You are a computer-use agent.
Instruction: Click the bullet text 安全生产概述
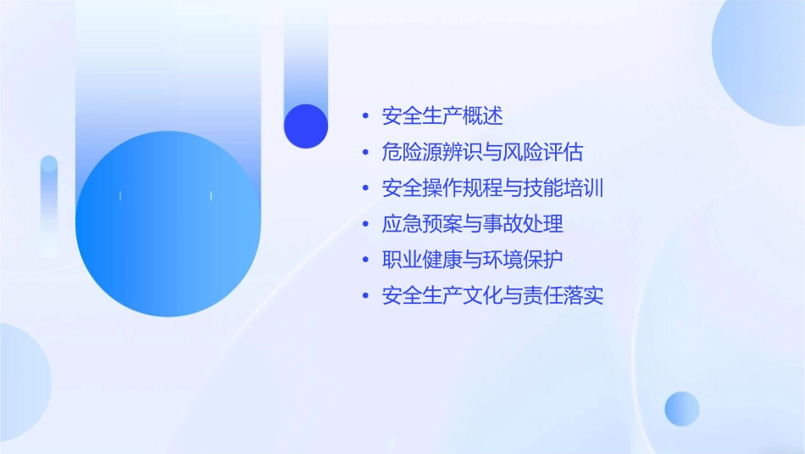[x=442, y=116]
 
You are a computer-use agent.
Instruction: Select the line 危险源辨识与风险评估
[x=482, y=153]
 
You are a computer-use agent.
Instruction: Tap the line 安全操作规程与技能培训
[x=492, y=188]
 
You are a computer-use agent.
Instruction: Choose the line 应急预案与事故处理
[x=472, y=224]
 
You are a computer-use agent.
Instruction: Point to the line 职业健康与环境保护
[x=472, y=260]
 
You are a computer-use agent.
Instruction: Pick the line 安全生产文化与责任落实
[x=492, y=296]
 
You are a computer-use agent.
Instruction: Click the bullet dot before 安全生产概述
[x=365, y=116]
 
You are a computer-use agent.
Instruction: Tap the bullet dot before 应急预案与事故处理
[x=365, y=225]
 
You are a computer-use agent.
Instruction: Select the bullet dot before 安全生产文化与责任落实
[x=365, y=296]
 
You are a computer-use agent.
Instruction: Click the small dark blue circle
[x=306, y=126]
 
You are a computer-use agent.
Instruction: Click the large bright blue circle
[x=168, y=225]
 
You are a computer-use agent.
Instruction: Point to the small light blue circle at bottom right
[x=682, y=409]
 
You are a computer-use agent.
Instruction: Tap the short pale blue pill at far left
[x=49, y=204]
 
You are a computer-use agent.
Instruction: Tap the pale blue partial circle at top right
[x=763, y=51]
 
